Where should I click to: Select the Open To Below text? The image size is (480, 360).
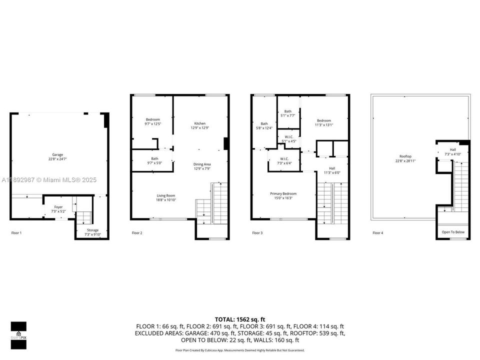click(453, 232)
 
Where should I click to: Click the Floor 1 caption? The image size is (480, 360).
click(16, 233)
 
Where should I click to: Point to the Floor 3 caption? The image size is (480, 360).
click(257, 233)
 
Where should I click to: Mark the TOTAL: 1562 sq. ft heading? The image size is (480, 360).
click(240, 319)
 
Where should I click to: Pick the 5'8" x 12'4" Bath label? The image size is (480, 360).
click(264, 126)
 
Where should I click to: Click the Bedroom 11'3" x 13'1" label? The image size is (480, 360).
click(323, 122)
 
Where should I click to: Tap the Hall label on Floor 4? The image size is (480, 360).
click(452, 151)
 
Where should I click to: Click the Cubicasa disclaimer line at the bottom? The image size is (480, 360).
click(240, 350)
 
